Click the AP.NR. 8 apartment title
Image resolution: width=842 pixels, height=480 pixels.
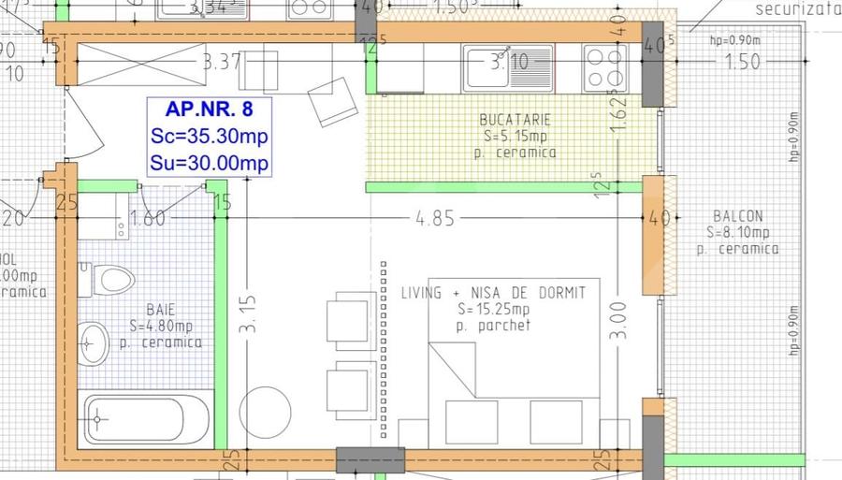click(x=208, y=107)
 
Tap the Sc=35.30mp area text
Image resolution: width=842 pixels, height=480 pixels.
click(x=209, y=136)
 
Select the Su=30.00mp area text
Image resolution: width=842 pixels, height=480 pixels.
click(x=209, y=164)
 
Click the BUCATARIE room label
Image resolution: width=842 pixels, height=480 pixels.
click(x=515, y=120)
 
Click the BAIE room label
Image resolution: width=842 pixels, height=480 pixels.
click(x=161, y=309)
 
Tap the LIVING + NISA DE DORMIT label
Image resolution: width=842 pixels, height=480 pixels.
click(x=493, y=293)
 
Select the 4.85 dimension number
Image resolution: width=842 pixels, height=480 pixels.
click(x=436, y=219)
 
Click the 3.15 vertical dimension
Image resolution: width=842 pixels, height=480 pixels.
click(x=247, y=316)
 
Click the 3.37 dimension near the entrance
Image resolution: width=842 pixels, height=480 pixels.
click(x=222, y=64)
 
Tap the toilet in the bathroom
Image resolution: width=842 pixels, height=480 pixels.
click(x=108, y=279)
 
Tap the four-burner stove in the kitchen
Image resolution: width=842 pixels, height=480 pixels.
click(x=604, y=67)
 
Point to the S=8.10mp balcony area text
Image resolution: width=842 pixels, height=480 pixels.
click(x=738, y=233)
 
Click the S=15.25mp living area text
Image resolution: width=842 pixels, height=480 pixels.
click(x=493, y=310)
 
